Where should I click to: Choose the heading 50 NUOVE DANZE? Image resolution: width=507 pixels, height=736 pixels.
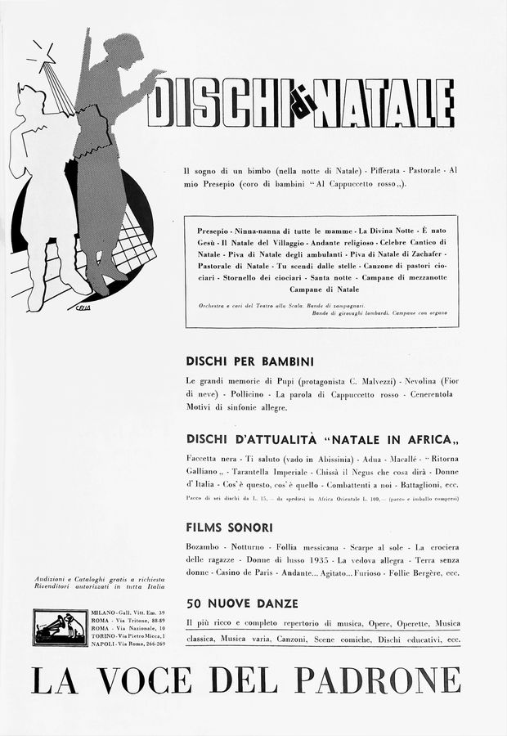(236, 604)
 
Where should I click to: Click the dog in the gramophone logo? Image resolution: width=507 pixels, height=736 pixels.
(74, 627)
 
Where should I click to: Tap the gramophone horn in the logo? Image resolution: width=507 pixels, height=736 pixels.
(51, 623)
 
